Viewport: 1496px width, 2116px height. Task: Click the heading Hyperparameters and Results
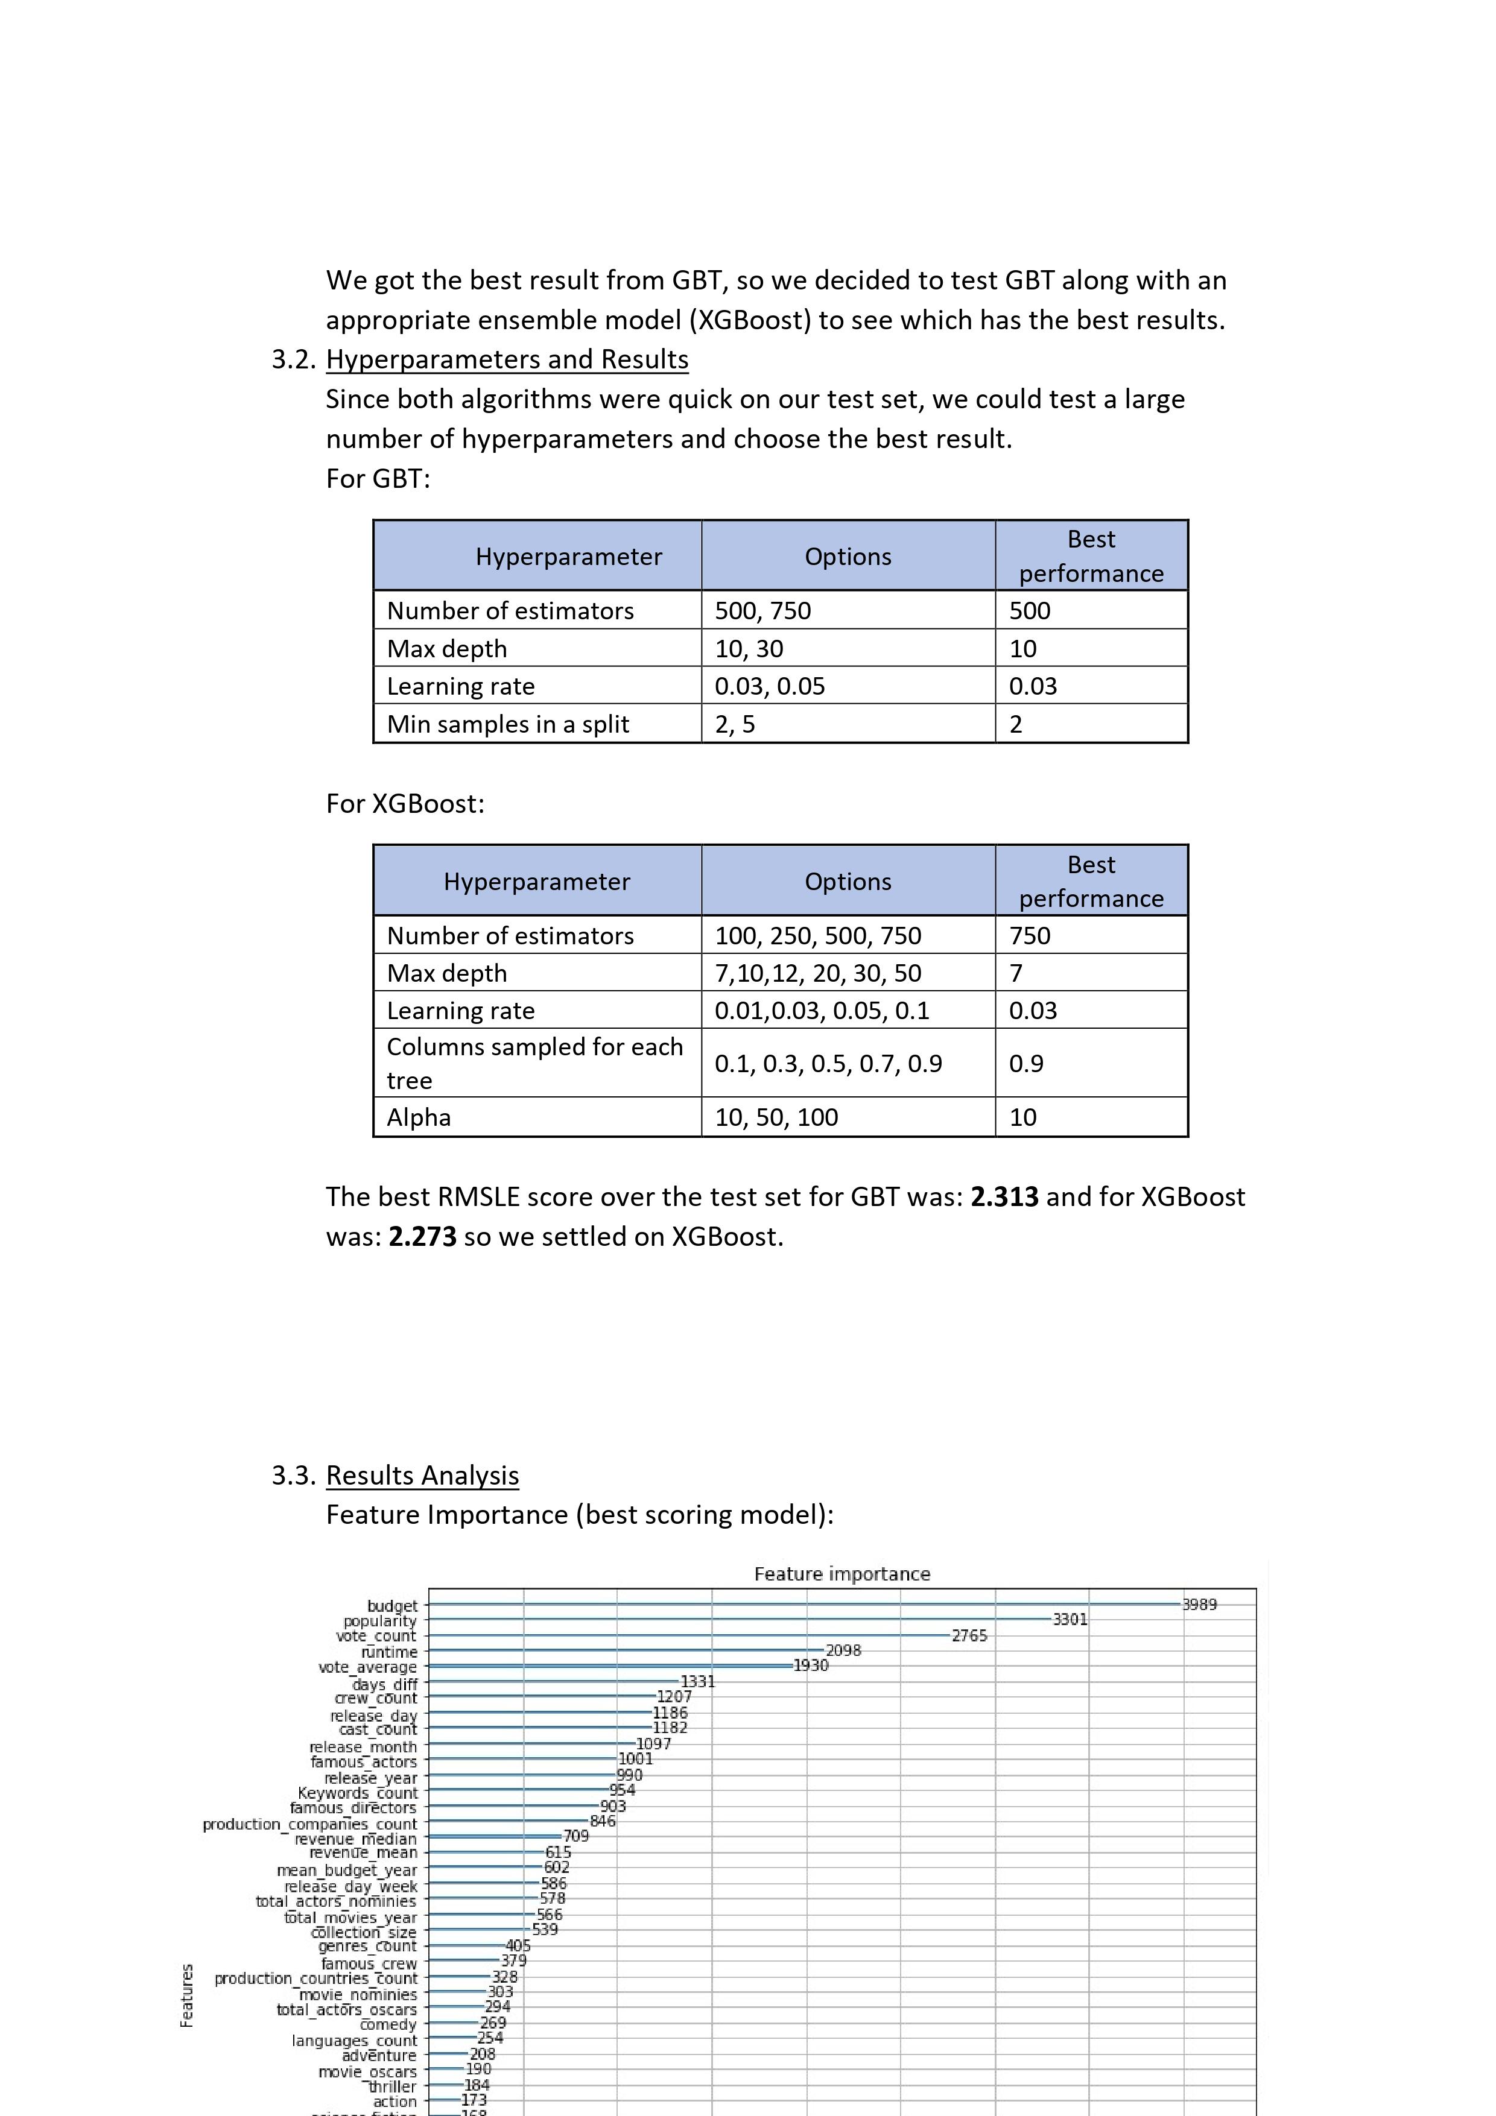[x=507, y=359]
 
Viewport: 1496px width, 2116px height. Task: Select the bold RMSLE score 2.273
[x=422, y=1236]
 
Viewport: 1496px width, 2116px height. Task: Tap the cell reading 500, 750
[x=762, y=610]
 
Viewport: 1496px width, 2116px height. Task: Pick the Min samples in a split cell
[x=508, y=724]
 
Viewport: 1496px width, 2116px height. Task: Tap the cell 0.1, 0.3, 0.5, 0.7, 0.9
[x=828, y=1064]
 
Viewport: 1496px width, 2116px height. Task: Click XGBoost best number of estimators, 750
[x=1030, y=935]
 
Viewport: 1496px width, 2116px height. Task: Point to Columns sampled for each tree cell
[x=534, y=1064]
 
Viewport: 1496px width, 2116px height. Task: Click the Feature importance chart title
[x=842, y=1573]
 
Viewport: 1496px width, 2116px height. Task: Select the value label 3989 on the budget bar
[x=1199, y=1605]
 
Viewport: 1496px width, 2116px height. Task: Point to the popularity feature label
[x=380, y=1621]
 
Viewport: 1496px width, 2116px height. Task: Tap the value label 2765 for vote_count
[x=969, y=1636]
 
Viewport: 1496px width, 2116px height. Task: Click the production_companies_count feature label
[x=309, y=1824]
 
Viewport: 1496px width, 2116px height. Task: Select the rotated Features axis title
[x=187, y=1995]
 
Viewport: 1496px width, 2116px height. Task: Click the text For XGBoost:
[x=405, y=804]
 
